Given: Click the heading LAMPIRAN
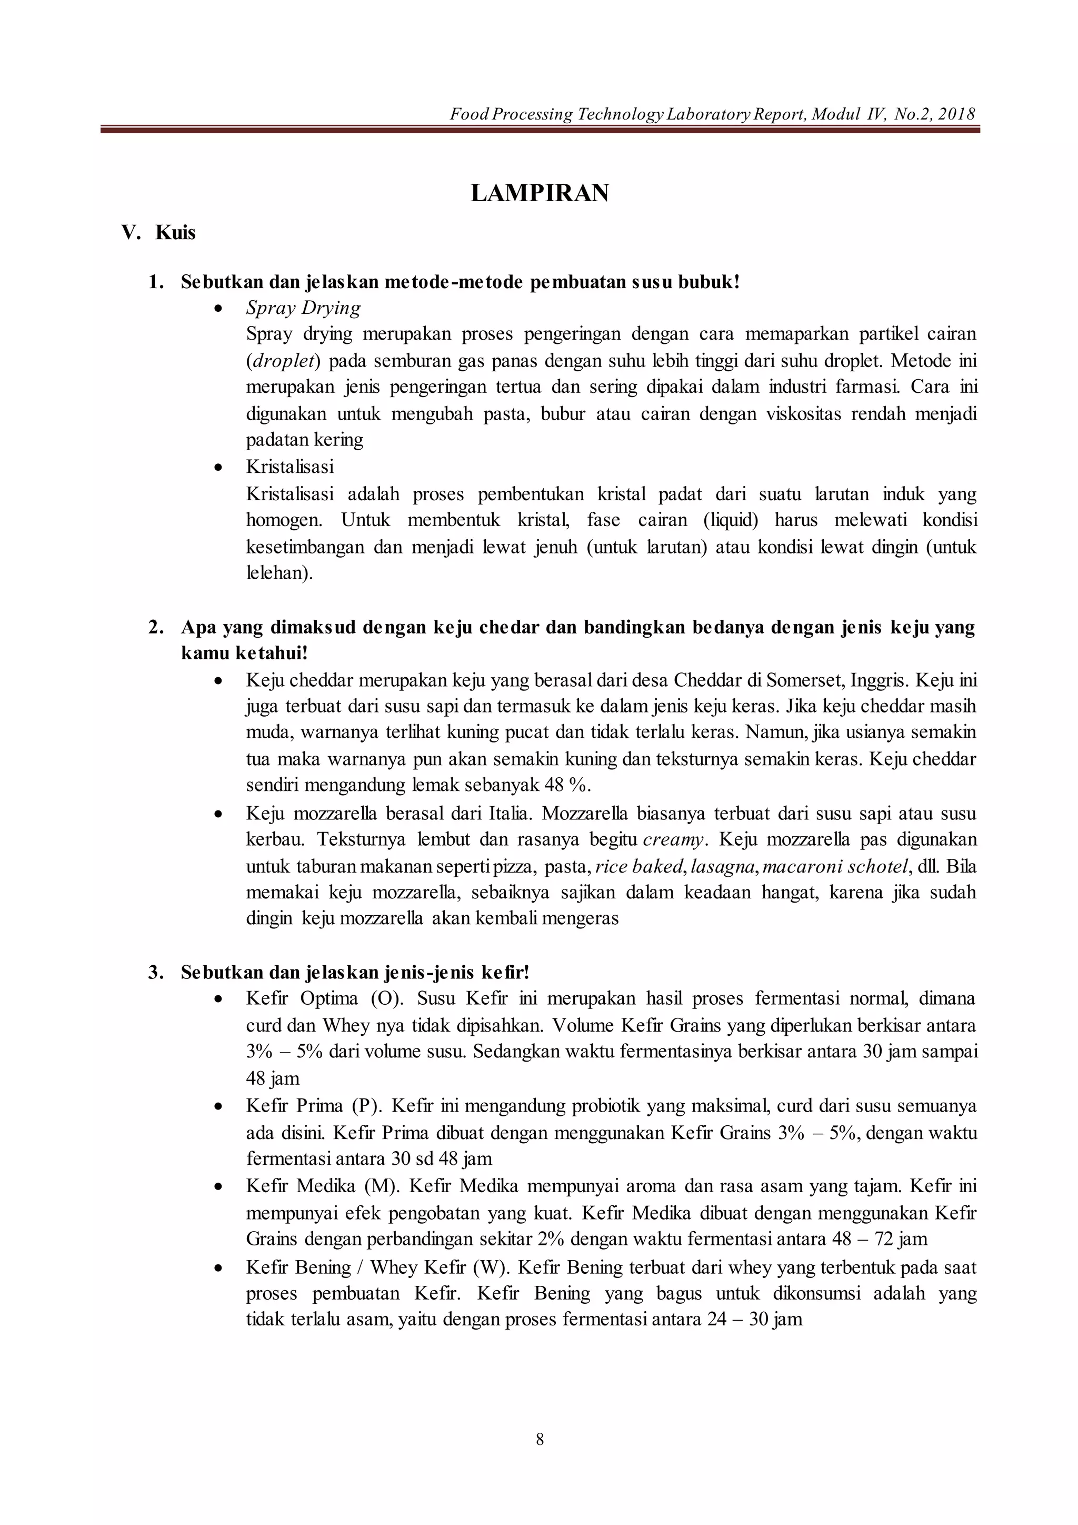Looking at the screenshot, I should pyautogui.click(x=539, y=193).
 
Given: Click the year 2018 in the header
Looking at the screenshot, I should pyautogui.click(x=956, y=114).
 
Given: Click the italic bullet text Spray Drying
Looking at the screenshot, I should pyautogui.click(x=303, y=308).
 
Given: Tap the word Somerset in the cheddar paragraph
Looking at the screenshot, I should pyautogui.click(x=804, y=680).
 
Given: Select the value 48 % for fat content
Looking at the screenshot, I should pyautogui.click(x=567, y=785).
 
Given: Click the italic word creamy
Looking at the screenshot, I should pyautogui.click(x=672, y=839).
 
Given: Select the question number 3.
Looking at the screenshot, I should pyautogui.click(x=155, y=973).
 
